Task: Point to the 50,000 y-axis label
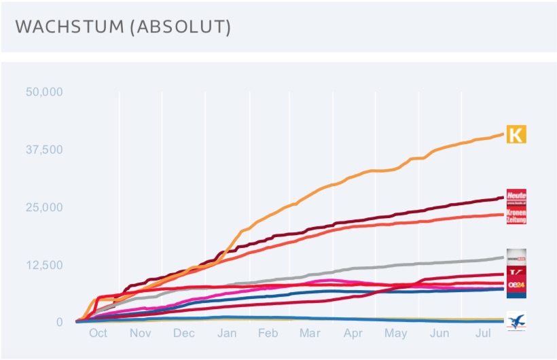pos(44,92)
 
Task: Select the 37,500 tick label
pos(44,149)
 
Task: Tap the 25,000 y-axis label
pos(44,207)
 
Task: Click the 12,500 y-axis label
pos(44,265)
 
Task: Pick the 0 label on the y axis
pos(59,322)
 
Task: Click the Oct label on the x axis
pos(98,334)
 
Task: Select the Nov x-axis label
pos(140,334)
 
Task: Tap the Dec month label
pos(183,334)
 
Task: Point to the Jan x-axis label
pos(227,334)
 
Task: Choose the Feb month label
pos(268,334)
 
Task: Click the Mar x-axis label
pos(310,334)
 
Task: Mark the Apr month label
pos(353,334)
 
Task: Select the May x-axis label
pos(396,334)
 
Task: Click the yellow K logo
pos(516,134)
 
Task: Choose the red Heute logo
pos(516,197)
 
